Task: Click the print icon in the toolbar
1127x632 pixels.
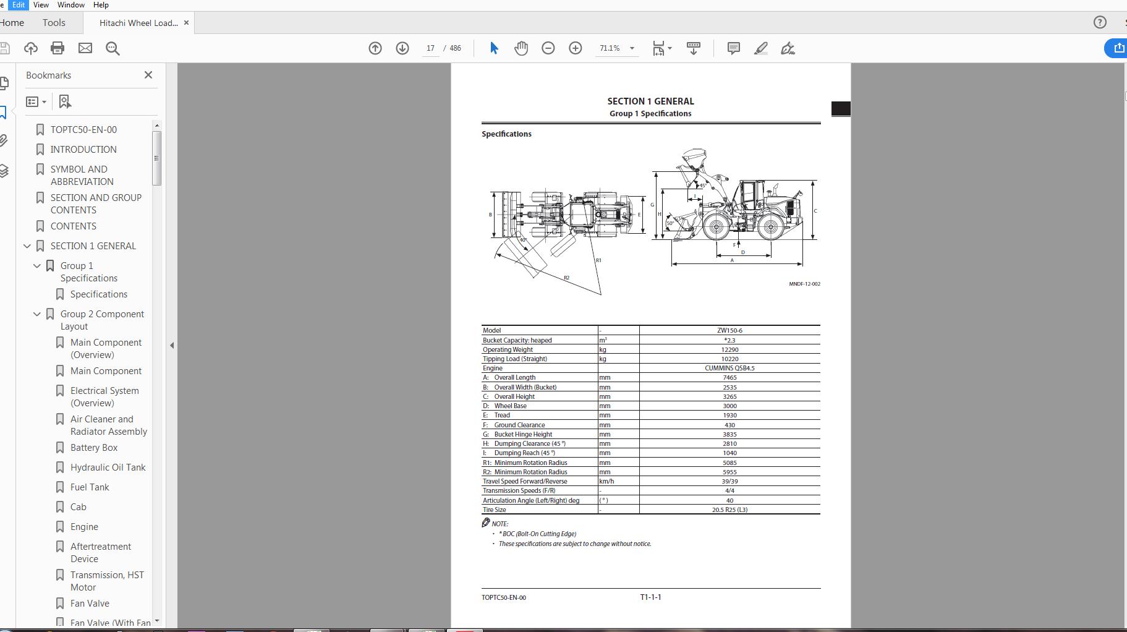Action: pos(57,48)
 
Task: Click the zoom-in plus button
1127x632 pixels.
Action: pos(575,48)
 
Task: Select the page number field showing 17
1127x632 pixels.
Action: pos(430,48)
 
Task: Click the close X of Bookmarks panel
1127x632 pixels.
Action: pos(148,75)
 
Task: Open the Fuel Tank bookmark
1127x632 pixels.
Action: pos(90,487)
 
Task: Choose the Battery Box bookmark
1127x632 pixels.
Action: pos(94,448)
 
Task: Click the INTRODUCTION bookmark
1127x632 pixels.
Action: pos(83,150)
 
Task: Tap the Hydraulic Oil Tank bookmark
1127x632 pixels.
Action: pos(108,468)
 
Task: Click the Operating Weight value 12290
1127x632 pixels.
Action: pos(729,349)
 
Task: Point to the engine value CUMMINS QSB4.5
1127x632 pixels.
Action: pos(729,368)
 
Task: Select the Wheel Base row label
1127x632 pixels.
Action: pos(510,406)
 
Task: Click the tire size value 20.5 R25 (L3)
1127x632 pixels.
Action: pos(729,510)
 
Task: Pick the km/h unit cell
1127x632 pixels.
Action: pos(606,481)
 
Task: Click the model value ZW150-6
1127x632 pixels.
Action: pos(729,330)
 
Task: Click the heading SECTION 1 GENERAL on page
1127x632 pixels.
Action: pos(650,101)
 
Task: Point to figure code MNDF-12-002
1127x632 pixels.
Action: pos(804,284)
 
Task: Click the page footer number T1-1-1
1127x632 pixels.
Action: pos(650,597)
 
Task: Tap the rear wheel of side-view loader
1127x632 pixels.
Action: pos(770,227)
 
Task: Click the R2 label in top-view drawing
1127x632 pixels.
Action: pos(566,278)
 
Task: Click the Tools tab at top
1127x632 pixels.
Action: pos(54,23)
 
